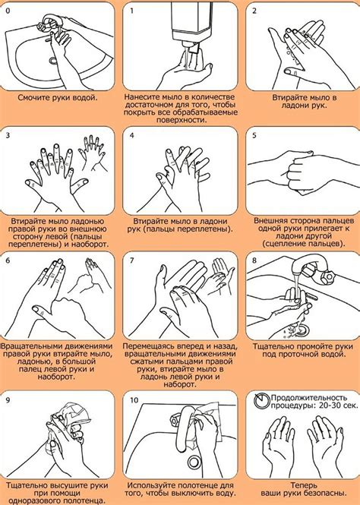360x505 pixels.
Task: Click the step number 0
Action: tap(8, 11)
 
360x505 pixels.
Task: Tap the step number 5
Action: tap(254, 135)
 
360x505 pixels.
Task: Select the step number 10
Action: tap(134, 400)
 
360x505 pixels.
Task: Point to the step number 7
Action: tap(131, 260)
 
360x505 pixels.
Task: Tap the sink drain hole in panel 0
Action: tap(52, 60)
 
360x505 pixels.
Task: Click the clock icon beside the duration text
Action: tap(261, 401)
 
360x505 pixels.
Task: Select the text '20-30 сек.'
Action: tap(338, 406)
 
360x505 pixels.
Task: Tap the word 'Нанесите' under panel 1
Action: tap(141, 97)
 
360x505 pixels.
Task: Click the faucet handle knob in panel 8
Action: tap(329, 276)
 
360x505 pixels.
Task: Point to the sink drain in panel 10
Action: tap(194, 462)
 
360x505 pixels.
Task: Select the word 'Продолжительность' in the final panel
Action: tap(309, 398)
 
